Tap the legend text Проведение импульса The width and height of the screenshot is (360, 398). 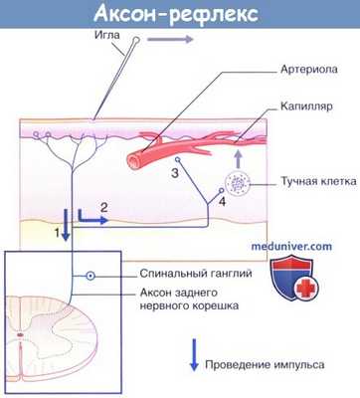coord(267,365)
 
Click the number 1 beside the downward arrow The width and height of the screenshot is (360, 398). coord(58,233)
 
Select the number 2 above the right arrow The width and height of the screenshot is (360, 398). coord(104,206)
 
